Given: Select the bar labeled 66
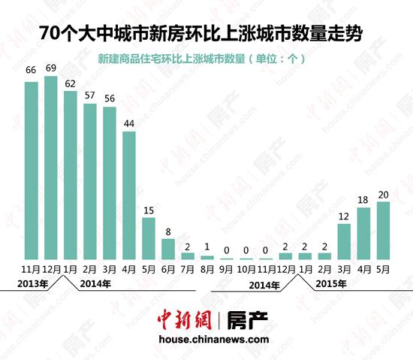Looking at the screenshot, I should pos(32,171).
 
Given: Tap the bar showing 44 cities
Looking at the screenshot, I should pos(129,195).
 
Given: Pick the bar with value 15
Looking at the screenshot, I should pos(149,238).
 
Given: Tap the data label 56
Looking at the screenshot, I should pos(110,98).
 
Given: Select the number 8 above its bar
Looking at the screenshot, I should pos(168,232).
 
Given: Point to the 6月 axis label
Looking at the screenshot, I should pos(168,268).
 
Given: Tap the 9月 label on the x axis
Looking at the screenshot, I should pos(227,268).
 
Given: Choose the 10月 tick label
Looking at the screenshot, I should pos(246,268).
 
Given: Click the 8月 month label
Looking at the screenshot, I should pos(207,268).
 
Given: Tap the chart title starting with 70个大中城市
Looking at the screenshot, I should pos(206,35).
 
